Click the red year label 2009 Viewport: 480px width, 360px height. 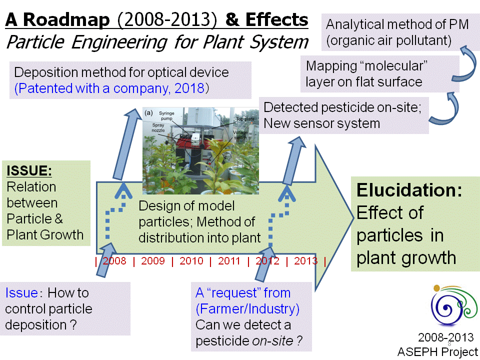(x=153, y=261)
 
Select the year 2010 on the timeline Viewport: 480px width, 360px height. (x=191, y=261)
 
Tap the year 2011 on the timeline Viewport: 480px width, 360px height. (x=229, y=261)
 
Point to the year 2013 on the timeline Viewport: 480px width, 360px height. (x=305, y=261)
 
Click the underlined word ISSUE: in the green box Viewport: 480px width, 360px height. (x=29, y=170)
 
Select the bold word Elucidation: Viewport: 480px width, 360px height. (x=409, y=190)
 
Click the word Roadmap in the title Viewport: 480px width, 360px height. (x=66, y=19)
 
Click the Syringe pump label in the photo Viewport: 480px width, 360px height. (x=166, y=115)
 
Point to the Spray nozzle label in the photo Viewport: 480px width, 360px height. (x=158, y=127)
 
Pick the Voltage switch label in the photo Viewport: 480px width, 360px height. (x=240, y=135)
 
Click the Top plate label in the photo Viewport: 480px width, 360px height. (x=245, y=119)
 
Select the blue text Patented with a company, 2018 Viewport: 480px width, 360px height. (x=111, y=88)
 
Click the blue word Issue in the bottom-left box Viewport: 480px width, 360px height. (x=21, y=292)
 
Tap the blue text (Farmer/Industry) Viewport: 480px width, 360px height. (x=247, y=309)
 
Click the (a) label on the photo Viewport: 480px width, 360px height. (x=148, y=113)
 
